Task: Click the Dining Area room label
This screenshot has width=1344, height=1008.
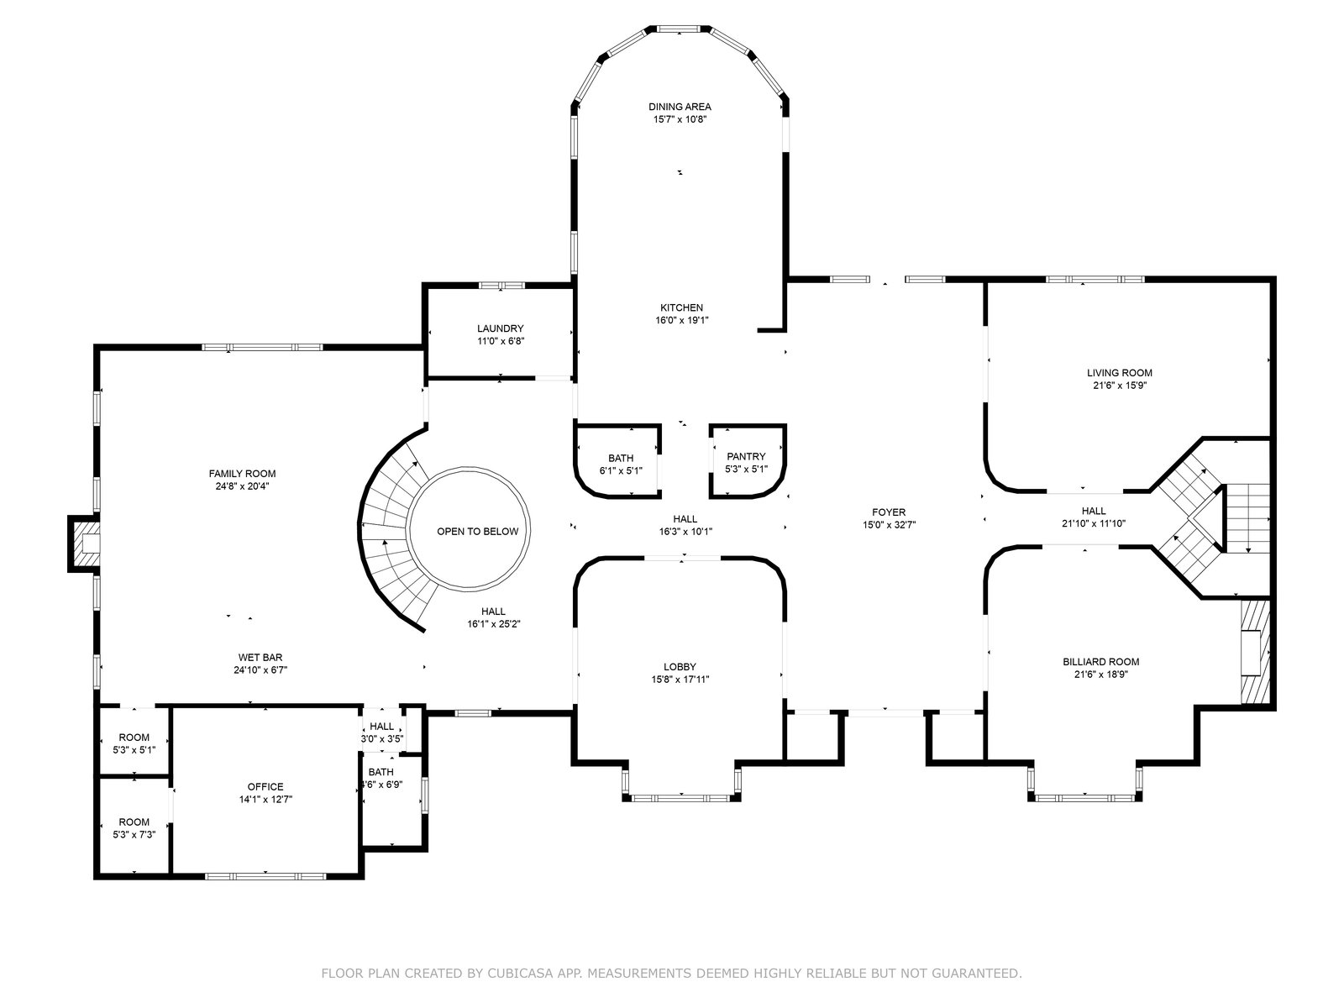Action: pos(680,107)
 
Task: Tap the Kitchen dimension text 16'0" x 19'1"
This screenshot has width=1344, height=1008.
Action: pos(681,320)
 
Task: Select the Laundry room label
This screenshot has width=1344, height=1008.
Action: pos(501,328)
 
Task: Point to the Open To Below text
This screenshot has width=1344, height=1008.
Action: pos(478,531)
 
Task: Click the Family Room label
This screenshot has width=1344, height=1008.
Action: pos(243,474)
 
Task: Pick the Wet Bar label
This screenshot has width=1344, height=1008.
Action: pos(260,658)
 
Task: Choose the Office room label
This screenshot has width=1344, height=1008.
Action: pos(265,786)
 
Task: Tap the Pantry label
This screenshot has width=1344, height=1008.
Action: pos(746,457)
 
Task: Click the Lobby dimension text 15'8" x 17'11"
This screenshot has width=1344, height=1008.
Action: pos(680,680)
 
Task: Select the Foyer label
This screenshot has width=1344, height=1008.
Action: pos(889,512)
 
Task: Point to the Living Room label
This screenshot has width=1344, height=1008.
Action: pos(1119,373)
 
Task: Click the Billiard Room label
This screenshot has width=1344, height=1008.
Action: pos(1101,662)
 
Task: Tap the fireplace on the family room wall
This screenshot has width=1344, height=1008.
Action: pos(84,543)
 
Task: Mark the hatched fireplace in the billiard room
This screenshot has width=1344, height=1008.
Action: pos(1254,652)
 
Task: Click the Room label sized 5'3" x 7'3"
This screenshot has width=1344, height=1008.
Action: pos(134,822)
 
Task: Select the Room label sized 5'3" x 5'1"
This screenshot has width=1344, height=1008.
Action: pos(134,738)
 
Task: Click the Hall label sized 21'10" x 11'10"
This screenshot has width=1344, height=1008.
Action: pos(1094,511)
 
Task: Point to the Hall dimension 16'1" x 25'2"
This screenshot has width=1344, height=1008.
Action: pos(494,624)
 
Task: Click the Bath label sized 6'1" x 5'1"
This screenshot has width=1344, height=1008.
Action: pos(621,459)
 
